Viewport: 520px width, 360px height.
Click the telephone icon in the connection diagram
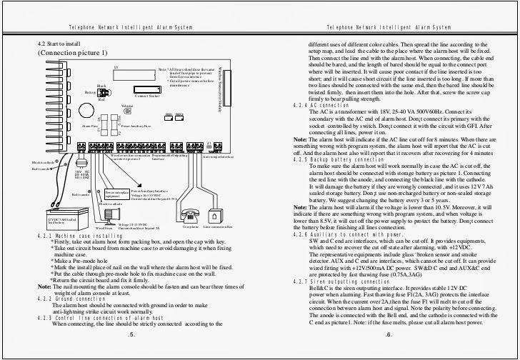[x=191, y=216]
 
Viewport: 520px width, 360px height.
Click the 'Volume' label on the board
[x=127, y=106]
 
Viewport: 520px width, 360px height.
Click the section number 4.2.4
[x=301, y=105]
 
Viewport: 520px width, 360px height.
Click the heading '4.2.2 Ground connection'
[x=79, y=298]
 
